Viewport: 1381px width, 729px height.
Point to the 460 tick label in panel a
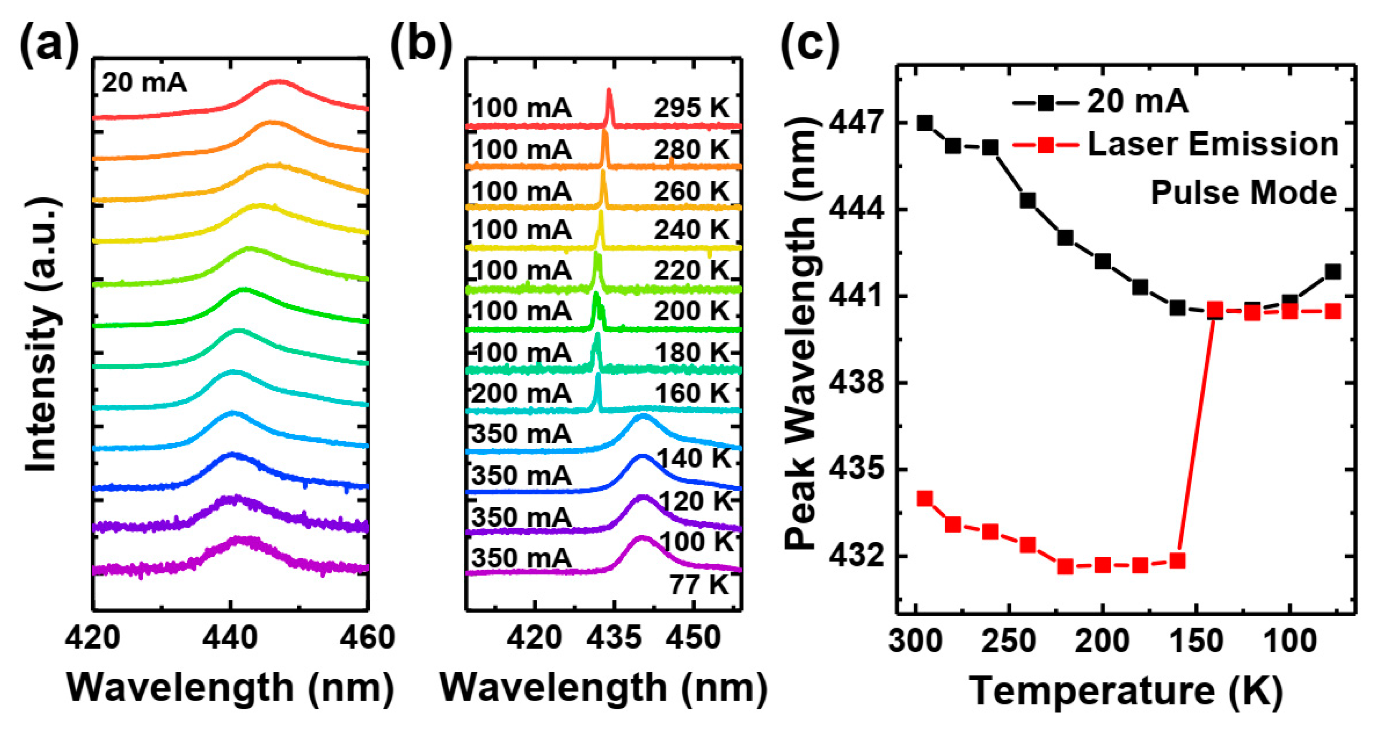tap(368, 638)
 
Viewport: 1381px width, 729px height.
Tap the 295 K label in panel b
tap(692, 108)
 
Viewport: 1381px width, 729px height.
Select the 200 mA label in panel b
tap(521, 394)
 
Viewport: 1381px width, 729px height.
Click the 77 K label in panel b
tap(699, 585)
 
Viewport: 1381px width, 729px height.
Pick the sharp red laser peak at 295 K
tap(609, 102)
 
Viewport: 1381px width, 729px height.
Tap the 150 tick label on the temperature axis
tap(1196, 640)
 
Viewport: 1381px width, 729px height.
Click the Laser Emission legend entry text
tap(1213, 145)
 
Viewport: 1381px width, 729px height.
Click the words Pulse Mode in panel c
tap(1244, 193)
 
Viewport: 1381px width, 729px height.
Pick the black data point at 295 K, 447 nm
tap(924, 123)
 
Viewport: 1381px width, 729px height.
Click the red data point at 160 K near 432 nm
tap(1177, 561)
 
